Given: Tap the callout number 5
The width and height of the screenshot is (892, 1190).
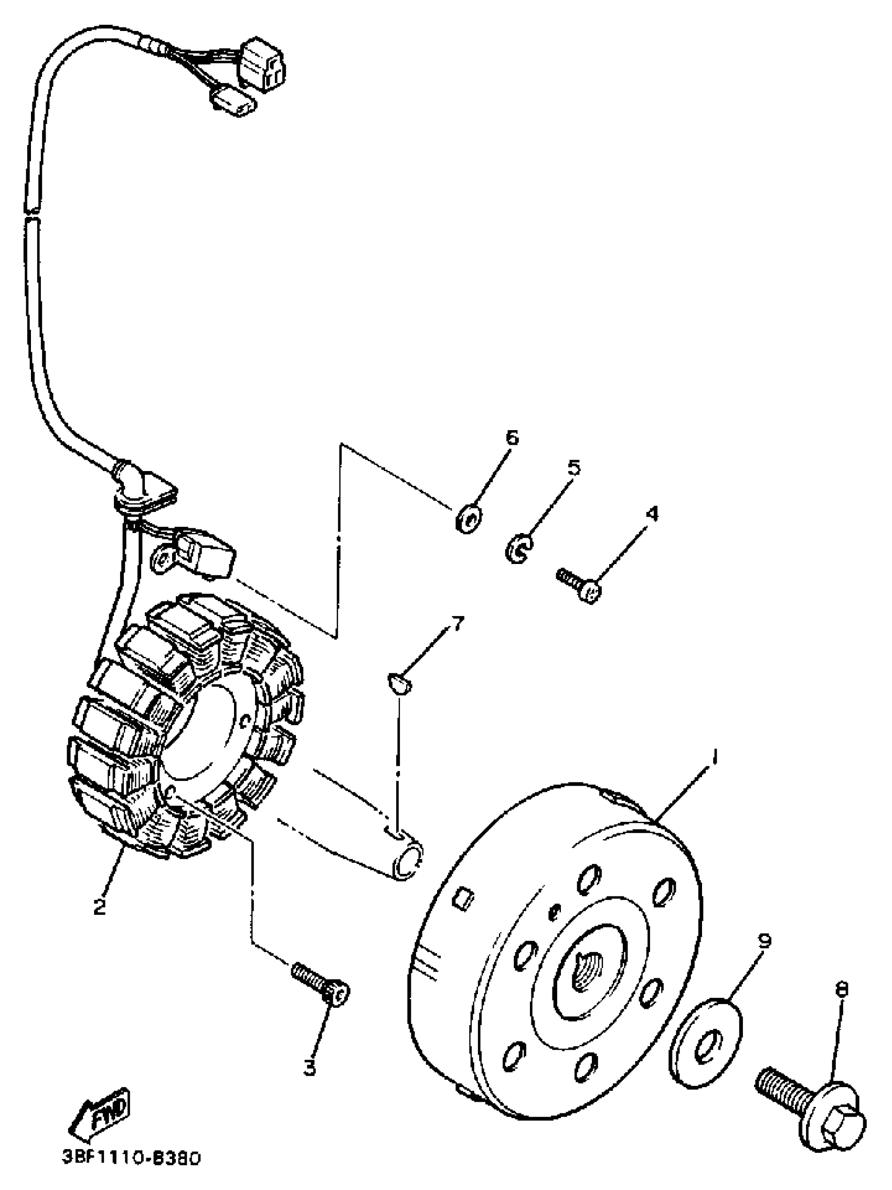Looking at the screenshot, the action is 574,467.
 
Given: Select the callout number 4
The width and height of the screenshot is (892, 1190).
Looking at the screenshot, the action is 652,514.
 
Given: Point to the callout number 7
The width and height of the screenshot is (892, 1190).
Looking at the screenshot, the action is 456,624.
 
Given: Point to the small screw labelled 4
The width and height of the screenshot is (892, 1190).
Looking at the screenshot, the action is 580,585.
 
